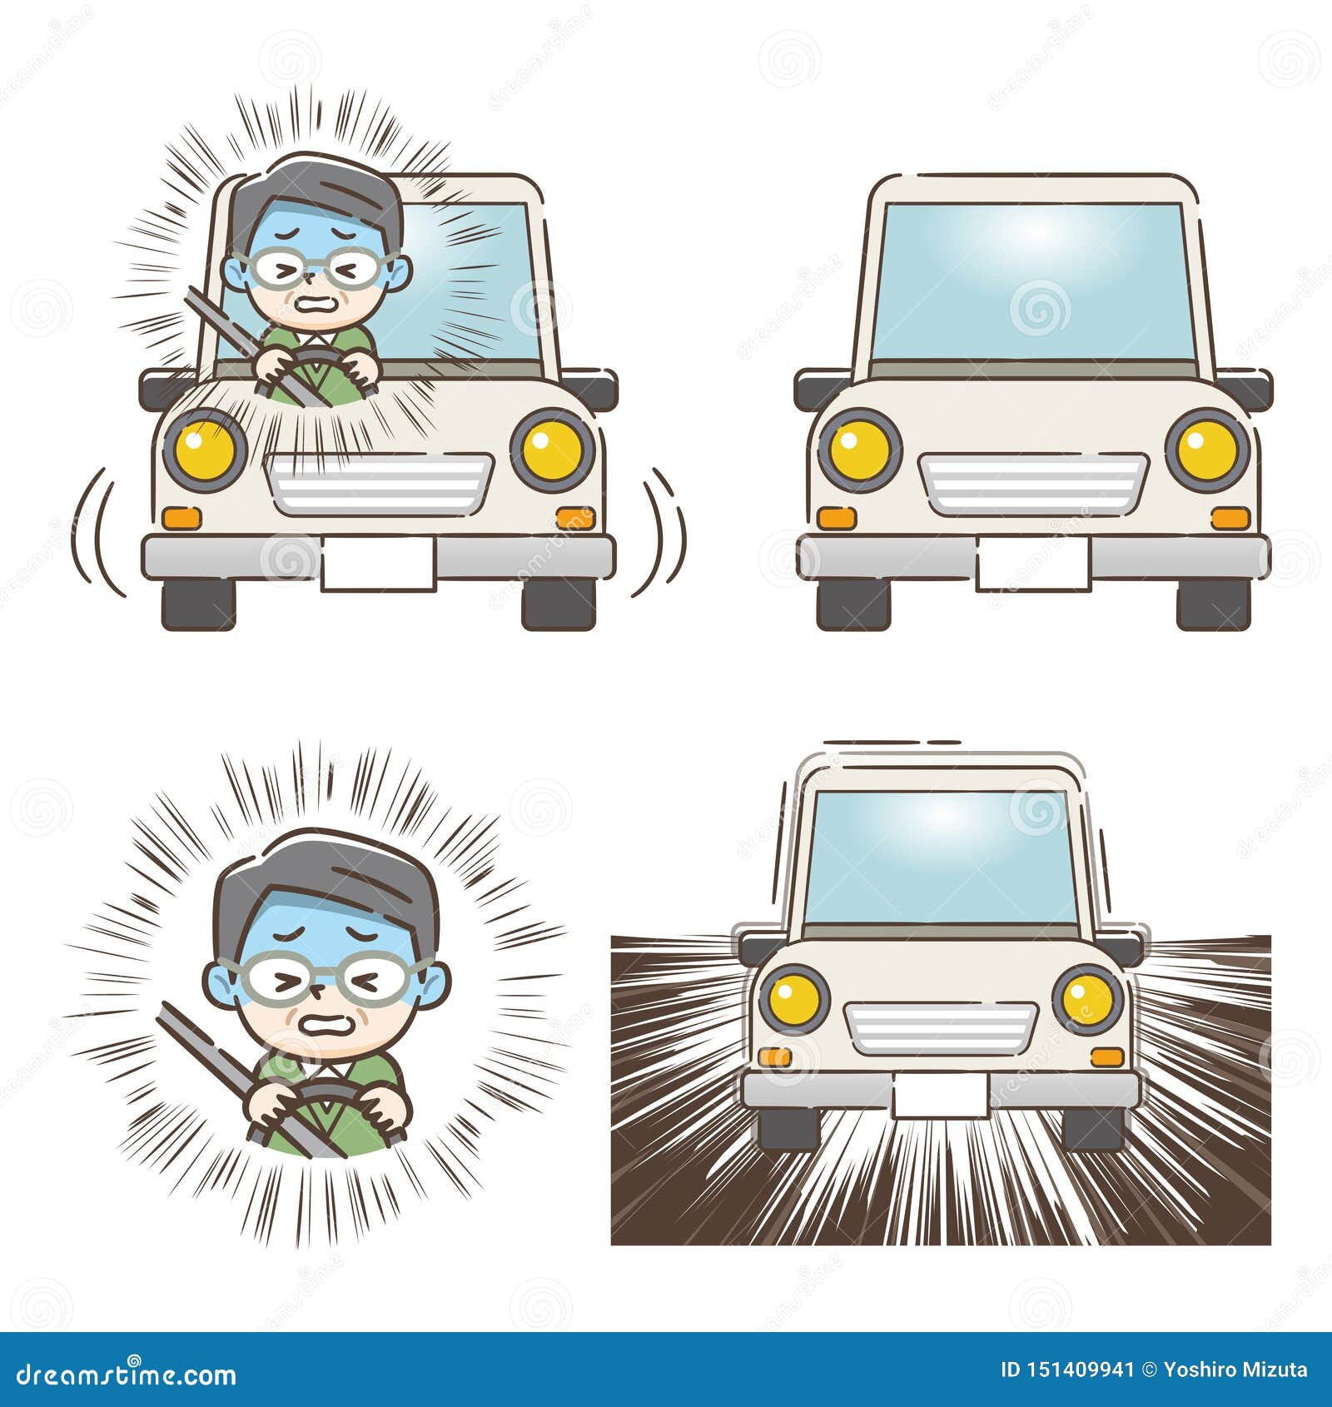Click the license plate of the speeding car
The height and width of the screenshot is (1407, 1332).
pyautogui.click(x=940, y=1094)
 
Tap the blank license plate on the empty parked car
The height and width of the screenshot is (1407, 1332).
pyautogui.click(x=1032, y=563)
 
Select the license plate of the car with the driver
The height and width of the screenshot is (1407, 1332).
pyautogui.click(x=378, y=564)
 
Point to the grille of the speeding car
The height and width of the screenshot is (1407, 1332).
pyautogui.click(x=940, y=1026)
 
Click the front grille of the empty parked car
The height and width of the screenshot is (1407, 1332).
pyautogui.click(x=1033, y=484)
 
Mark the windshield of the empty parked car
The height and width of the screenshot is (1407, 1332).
pyautogui.click(x=1032, y=281)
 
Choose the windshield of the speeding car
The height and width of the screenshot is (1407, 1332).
pyautogui.click(x=940, y=855)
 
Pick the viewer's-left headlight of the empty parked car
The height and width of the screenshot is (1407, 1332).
pyautogui.click(x=859, y=450)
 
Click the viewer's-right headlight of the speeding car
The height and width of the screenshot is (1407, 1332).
pyautogui.click(x=1087, y=997)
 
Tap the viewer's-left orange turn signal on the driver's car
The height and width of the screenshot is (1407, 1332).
pyautogui.click(x=181, y=518)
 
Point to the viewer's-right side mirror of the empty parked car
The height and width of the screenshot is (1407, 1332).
pyautogui.click(x=1245, y=388)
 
